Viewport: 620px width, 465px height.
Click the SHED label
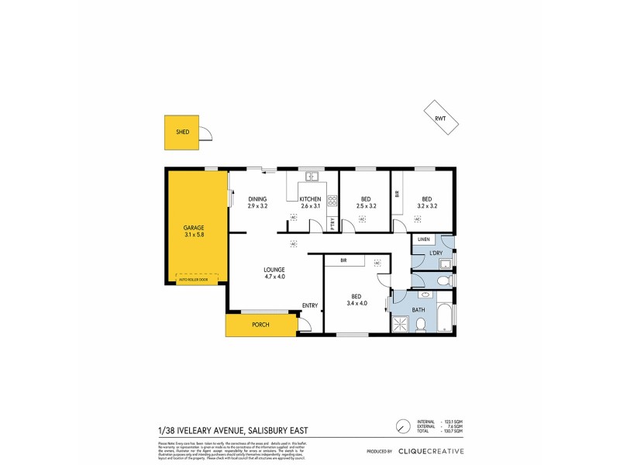[183, 132]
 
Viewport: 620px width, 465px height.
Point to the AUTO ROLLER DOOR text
[193, 280]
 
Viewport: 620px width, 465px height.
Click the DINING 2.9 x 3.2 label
[257, 202]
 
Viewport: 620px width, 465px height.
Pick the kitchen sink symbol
[312, 177]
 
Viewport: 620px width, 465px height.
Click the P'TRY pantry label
[332, 225]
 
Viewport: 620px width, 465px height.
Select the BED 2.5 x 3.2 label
[366, 202]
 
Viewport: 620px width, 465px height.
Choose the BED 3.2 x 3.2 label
[427, 202]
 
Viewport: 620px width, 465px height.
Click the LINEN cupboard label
[423, 239]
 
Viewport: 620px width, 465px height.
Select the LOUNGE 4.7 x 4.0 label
[274, 273]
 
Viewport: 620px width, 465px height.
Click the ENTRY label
[310, 305]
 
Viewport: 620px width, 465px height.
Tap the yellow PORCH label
[260, 325]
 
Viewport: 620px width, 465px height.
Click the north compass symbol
[402, 427]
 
